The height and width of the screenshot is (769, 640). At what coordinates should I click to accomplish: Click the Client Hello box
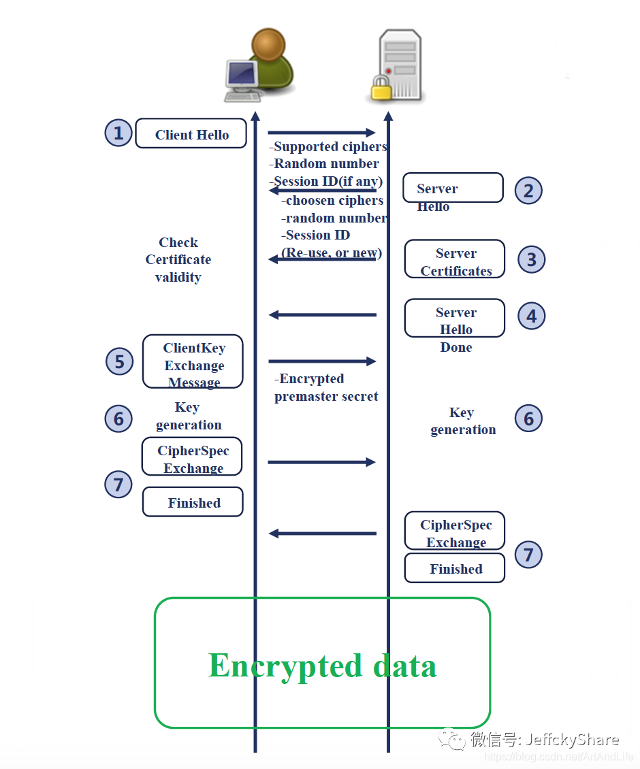point(191,133)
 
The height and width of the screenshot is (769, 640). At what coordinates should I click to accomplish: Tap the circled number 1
point(118,133)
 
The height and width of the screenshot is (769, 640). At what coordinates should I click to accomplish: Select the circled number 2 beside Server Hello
point(528,191)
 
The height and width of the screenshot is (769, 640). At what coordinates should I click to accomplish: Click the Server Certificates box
point(455,259)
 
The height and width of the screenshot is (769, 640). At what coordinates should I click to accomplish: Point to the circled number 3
point(532,259)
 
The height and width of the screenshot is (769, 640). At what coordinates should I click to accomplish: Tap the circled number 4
point(532,316)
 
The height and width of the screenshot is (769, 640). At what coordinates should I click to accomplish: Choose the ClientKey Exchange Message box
point(193,361)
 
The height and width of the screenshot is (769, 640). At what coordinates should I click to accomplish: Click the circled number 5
point(119,361)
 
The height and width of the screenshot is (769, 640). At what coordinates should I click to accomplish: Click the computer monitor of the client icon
point(242,75)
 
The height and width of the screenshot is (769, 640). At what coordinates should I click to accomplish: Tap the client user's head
point(268,44)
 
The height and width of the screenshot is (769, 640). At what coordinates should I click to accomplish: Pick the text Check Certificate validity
point(178,259)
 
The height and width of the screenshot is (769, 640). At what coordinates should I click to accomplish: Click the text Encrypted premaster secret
point(326,387)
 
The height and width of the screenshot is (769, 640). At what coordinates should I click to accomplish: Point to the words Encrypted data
point(323,666)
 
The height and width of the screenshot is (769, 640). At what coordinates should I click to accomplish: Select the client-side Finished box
point(193,502)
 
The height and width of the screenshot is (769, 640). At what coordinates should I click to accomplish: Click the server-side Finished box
point(455,568)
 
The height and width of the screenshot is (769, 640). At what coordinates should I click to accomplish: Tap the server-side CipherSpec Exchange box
point(455,531)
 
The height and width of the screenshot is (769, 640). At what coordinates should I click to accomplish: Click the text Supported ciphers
point(328,146)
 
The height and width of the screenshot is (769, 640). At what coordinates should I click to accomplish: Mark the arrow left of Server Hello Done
point(323,315)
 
